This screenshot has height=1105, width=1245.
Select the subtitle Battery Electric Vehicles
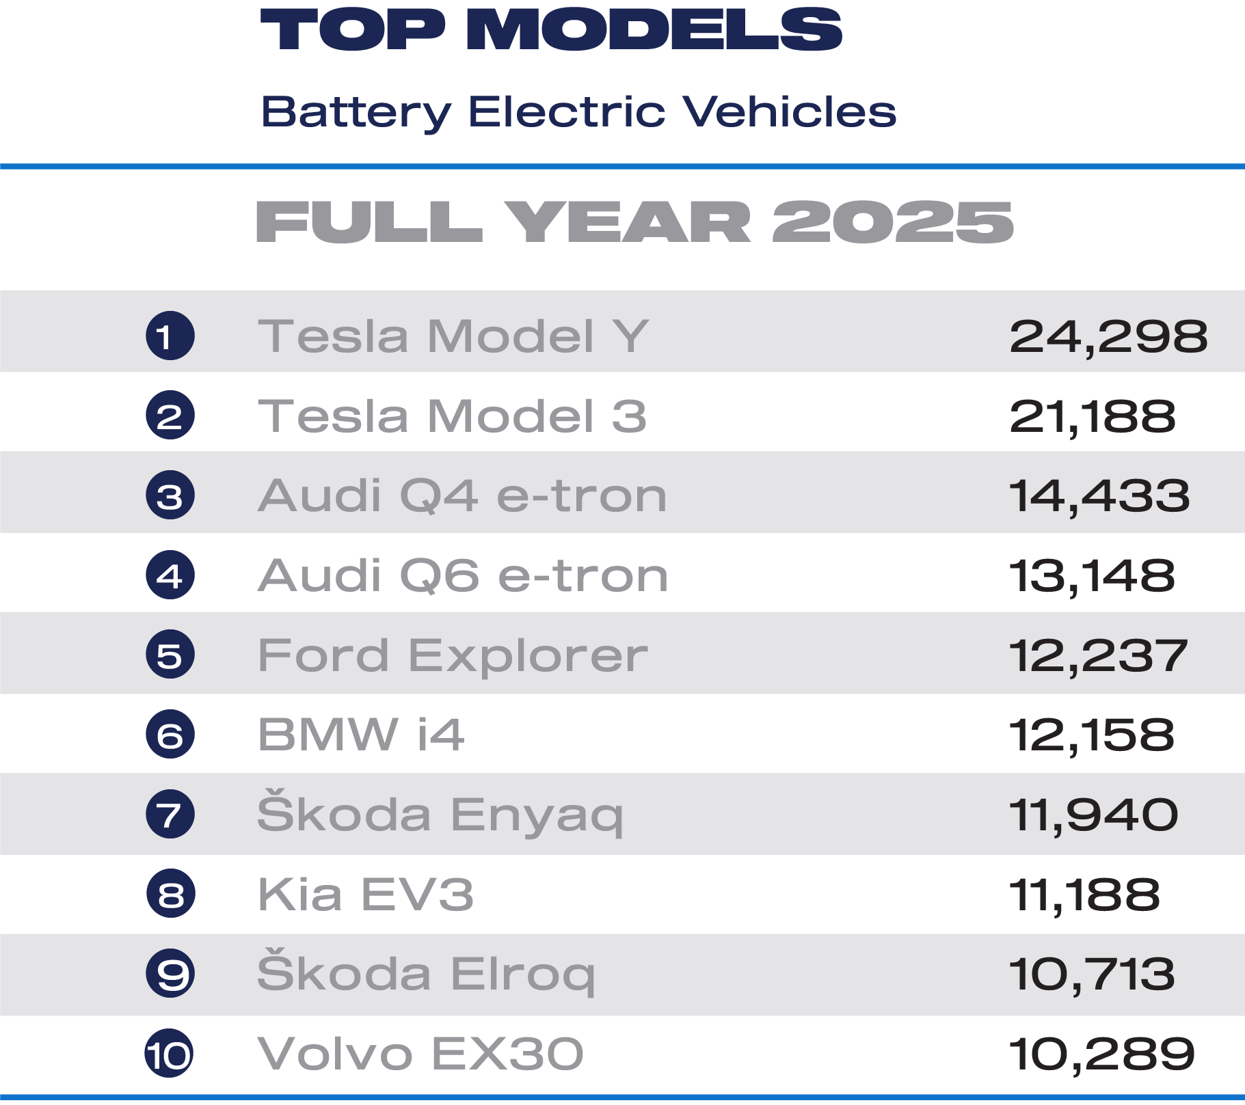pos(578,111)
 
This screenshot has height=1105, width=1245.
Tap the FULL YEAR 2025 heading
pos(634,222)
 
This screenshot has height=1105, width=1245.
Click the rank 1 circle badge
pos(170,336)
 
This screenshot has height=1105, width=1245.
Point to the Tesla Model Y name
pos(453,336)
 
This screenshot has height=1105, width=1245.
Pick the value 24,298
pos(1108,336)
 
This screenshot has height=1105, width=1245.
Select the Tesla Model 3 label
pos(452,415)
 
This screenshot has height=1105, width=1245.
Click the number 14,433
pos(1099,495)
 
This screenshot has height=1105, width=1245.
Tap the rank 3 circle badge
pos(170,495)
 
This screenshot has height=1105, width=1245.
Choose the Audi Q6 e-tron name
pos(463,575)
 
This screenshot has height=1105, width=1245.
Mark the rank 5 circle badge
pos(170,655)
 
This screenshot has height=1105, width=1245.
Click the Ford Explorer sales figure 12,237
pos(1099,655)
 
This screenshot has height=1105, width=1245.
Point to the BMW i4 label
pos(361,735)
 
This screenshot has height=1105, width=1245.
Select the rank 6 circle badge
pos(170,735)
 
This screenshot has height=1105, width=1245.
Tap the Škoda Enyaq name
pos(440,813)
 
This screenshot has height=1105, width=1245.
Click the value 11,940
pos(1094,815)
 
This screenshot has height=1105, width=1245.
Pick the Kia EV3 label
pos(366,894)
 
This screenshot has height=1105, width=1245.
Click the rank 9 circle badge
pos(170,973)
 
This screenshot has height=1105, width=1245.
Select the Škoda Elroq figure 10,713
pos(1092,974)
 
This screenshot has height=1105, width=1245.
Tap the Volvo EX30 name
pos(420,1053)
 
